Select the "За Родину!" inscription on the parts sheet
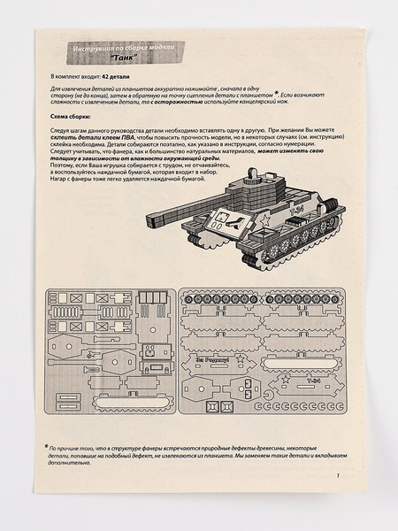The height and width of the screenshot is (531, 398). (x=210, y=361)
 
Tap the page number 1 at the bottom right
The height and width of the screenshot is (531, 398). (x=339, y=475)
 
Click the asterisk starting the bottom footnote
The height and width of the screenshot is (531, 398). (x=45, y=448)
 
